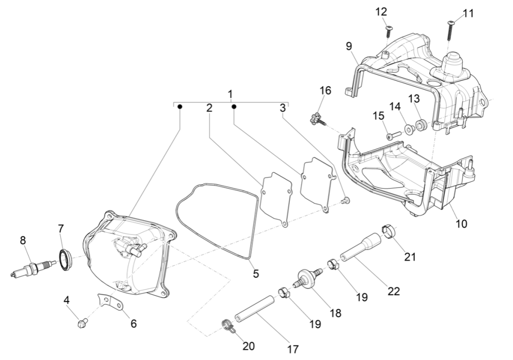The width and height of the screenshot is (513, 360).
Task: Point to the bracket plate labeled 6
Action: [110, 302]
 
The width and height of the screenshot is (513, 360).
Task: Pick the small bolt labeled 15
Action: [393, 136]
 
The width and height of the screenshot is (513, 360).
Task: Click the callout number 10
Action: [461, 224]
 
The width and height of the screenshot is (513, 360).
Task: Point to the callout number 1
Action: [230, 93]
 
